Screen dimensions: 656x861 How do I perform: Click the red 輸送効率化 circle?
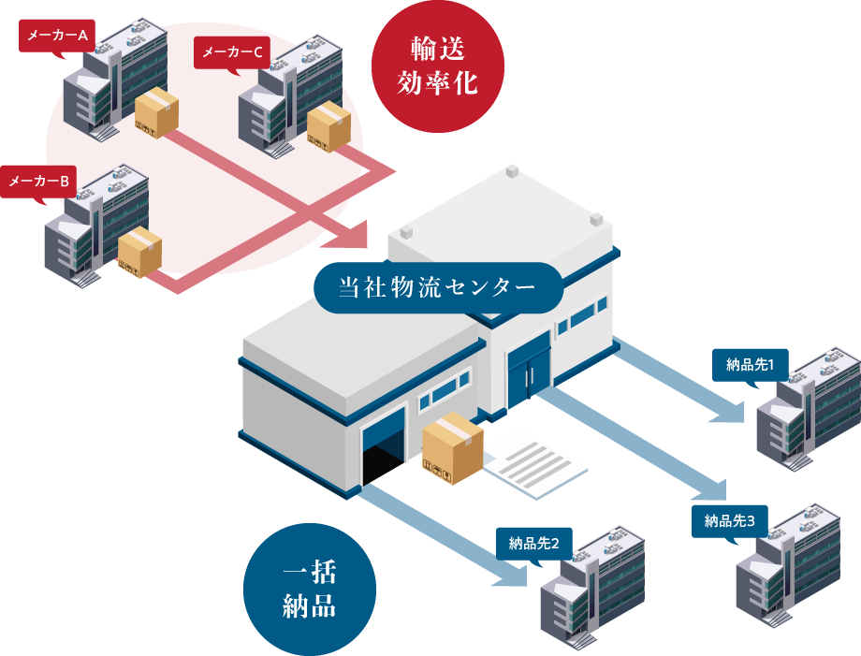point(438,66)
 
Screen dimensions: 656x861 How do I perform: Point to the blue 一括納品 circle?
point(309,590)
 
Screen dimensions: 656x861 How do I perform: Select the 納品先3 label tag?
point(729,520)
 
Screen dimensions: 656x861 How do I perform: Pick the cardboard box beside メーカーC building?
point(328,126)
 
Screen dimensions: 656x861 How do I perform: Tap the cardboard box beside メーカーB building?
point(139,252)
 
